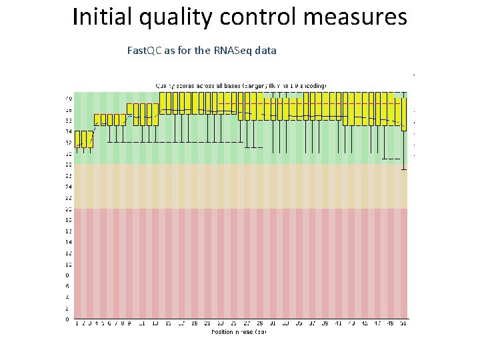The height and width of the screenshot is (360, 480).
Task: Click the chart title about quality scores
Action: (241, 85)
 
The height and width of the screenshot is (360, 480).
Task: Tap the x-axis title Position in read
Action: (239, 331)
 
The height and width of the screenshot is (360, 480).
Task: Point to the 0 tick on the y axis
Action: (67, 319)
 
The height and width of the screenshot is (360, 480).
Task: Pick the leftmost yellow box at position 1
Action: (77, 138)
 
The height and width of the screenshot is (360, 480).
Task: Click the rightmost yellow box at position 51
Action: (403, 113)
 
